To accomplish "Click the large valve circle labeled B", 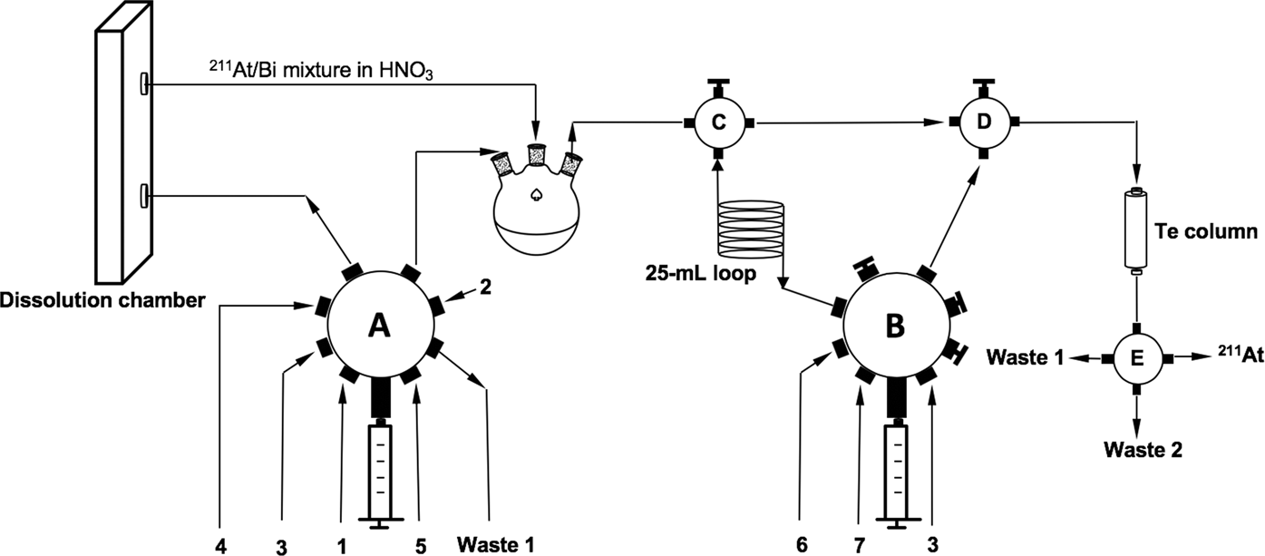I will (x=893, y=326).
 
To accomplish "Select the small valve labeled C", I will (x=716, y=122).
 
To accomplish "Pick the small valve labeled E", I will (x=1136, y=357).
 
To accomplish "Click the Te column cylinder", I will (x=1136, y=230).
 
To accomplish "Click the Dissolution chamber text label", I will (x=102, y=299).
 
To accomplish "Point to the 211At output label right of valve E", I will (x=1240, y=356).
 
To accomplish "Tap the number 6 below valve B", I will (x=800, y=544).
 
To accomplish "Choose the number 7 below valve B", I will (x=859, y=544).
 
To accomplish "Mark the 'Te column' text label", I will (x=1210, y=229).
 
